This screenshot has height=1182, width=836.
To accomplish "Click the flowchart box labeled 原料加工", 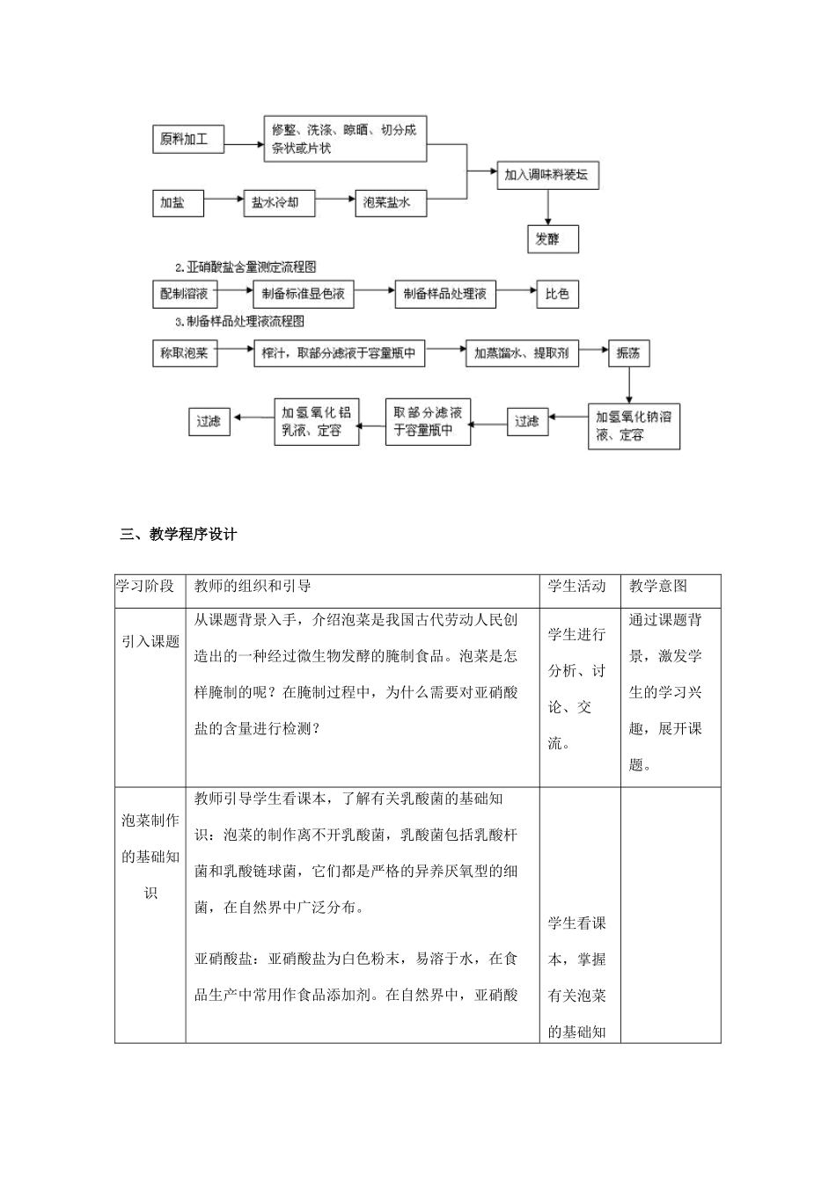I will [x=187, y=139].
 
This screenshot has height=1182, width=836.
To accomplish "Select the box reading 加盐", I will [x=177, y=202].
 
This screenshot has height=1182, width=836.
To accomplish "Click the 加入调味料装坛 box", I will [x=547, y=175].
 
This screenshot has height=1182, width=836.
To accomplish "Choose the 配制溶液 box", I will [x=184, y=294].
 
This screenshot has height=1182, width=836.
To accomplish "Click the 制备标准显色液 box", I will [x=303, y=294].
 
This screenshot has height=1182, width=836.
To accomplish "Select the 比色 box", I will [x=558, y=294].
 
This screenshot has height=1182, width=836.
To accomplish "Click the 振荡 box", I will [x=628, y=354].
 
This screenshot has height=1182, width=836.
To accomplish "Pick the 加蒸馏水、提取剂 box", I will [x=521, y=354].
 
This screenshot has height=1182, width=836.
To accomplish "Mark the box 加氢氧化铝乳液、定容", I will [x=317, y=421].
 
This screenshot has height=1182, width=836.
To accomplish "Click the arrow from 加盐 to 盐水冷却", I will [x=223, y=202].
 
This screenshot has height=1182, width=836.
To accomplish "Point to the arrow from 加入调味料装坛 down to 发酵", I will [x=548, y=208].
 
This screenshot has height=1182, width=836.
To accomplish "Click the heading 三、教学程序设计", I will [x=179, y=534].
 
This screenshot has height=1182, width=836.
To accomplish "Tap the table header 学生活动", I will [x=577, y=587].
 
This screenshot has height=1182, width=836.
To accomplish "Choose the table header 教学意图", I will [x=658, y=587].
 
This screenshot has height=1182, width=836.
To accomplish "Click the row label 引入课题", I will [x=150, y=641].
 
